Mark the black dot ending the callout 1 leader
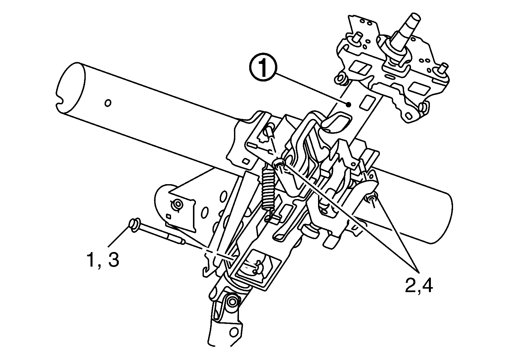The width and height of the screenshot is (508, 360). [348, 105]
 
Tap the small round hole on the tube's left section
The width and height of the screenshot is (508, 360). [108, 103]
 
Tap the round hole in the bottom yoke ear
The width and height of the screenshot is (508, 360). [235, 332]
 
